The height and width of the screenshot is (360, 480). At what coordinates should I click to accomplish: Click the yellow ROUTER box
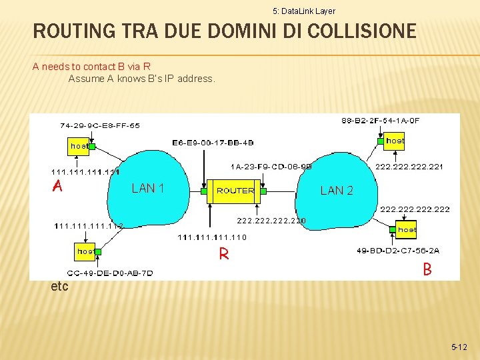click(x=235, y=191)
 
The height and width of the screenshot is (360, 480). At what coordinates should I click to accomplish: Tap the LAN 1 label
click(x=148, y=189)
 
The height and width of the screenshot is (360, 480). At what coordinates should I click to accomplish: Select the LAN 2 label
click(x=337, y=191)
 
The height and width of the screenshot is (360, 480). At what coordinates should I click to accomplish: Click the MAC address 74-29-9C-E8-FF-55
click(x=100, y=125)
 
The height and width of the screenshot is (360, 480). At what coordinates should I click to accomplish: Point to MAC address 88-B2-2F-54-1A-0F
click(x=381, y=121)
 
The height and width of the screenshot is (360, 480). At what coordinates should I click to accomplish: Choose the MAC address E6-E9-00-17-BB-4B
click(x=213, y=143)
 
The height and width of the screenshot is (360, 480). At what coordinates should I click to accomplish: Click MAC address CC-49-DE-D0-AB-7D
click(x=110, y=273)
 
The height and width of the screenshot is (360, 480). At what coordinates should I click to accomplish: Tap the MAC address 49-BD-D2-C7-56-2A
click(x=399, y=251)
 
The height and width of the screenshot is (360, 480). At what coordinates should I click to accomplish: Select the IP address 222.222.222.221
click(x=409, y=167)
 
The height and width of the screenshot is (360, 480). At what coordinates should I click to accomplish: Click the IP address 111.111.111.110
click(x=212, y=237)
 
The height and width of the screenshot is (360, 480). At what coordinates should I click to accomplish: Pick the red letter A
click(x=58, y=187)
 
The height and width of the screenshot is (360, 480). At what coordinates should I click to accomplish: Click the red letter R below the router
click(x=225, y=255)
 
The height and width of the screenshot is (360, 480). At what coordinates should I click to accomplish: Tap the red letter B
click(x=427, y=270)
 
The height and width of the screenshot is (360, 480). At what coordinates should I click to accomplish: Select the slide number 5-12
click(x=459, y=347)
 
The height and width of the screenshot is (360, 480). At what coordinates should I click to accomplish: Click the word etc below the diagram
click(x=59, y=287)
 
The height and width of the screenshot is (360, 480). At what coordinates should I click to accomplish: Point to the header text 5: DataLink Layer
click(x=304, y=11)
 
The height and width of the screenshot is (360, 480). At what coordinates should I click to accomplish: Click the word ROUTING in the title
click(x=71, y=31)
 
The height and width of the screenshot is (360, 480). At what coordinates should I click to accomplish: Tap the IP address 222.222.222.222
click(x=415, y=209)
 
